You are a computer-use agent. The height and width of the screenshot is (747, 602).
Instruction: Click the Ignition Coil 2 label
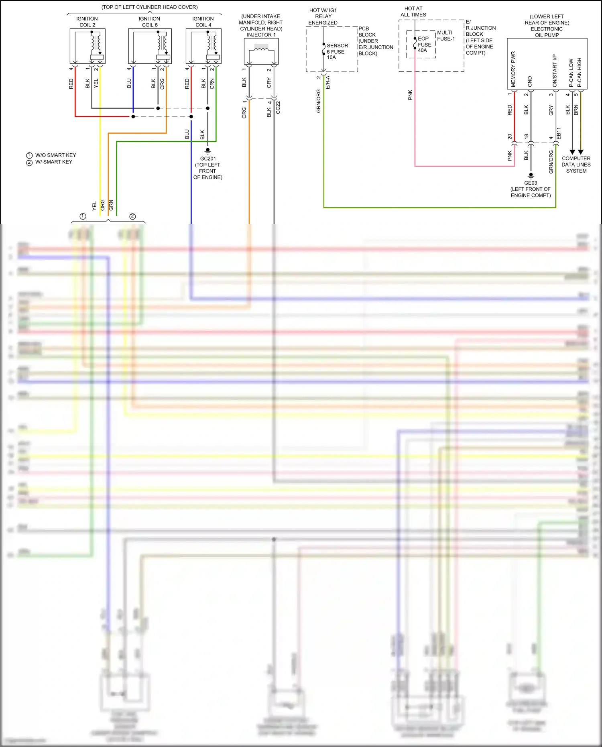tap(87, 22)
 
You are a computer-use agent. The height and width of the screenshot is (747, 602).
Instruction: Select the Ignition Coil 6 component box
tap(150, 46)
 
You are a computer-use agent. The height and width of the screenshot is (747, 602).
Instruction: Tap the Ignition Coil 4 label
tap(203, 22)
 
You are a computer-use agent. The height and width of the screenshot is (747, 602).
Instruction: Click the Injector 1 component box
tap(261, 51)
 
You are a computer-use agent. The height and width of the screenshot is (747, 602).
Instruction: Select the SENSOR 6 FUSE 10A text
tap(337, 51)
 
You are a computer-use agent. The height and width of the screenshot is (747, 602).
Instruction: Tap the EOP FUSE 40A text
tap(424, 45)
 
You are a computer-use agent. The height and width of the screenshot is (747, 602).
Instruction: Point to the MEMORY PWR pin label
tap(513, 69)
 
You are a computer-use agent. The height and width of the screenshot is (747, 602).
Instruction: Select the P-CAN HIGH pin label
tap(579, 72)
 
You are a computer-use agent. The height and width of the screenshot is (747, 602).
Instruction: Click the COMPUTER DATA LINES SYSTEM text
tap(576, 165)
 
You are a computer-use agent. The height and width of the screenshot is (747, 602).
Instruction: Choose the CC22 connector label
tap(278, 107)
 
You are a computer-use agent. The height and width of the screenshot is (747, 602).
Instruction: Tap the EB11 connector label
tap(559, 134)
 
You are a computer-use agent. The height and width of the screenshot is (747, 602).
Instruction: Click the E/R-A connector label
tap(328, 82)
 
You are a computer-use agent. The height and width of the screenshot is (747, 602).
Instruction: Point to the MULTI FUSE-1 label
tap(446, 36)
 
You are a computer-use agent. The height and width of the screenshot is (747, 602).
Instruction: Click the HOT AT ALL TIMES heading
tap(413, 12)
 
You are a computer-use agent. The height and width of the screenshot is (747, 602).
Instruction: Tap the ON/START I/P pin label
tap(555, 71)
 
